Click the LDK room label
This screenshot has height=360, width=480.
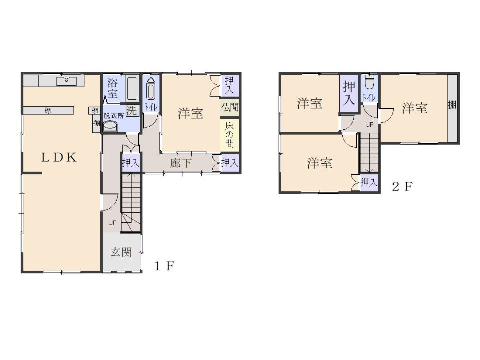click(x=59, y=157)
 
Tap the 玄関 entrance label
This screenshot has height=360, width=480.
click(x=121, y=252)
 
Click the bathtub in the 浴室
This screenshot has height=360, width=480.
click(x=132, y=89)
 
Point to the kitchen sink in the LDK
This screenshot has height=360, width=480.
click(x=66, y=81)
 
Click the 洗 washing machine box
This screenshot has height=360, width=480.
click(x=132, y=110)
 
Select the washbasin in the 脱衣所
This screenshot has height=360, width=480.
click(x=110, y=126)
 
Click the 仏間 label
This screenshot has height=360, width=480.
click(x=230, y=108)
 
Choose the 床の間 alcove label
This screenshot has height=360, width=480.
click(x=229, y=135)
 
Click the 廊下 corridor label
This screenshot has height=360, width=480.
click(x=181, y=163)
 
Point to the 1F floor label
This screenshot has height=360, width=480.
click(x=164, y=266)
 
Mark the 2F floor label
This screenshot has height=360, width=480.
click(x=402, y=186)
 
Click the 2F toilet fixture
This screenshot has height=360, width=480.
click(x=370, y=82)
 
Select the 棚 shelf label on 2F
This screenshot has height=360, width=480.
click(x=452, y=105)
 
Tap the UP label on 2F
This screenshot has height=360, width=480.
click(x=370, y=125)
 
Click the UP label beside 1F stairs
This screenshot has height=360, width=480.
click(x=112, y=223)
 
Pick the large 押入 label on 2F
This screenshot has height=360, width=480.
click(x=349, y=93)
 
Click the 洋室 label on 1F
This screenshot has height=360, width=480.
click(x=190, y=114)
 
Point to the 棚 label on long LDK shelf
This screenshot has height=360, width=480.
click(x=48, y=111)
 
